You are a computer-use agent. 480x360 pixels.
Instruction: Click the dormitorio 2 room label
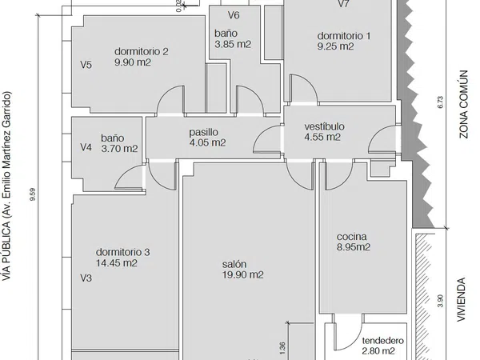coord(142,51)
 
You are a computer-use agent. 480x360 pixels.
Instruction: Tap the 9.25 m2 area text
coord(335,46)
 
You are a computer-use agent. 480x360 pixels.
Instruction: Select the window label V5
coord(86,65)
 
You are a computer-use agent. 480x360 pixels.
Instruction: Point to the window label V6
coord(234,15)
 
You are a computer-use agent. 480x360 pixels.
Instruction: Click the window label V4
coord(86,147)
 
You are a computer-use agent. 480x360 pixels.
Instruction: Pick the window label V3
coord(86,278)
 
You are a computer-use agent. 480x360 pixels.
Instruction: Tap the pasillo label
coord(203,132)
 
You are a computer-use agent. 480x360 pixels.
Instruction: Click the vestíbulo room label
coord(324,126)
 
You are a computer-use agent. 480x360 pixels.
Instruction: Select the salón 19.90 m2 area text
coord(242,274)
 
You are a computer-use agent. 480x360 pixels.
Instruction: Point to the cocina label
coord(352,237)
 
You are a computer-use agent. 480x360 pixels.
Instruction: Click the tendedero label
coord(383,341)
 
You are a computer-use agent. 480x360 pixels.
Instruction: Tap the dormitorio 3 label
coord(122,252)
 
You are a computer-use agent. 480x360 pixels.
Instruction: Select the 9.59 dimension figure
coord(33,194)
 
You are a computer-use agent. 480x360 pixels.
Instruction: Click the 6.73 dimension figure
coord(440,102)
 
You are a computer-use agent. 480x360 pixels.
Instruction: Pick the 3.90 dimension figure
coord(440,301)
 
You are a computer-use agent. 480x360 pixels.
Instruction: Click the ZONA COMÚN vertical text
coord(464,104)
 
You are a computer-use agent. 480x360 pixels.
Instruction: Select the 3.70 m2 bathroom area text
coord(119,149)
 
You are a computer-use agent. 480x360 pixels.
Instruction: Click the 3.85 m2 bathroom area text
coord(233,44)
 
